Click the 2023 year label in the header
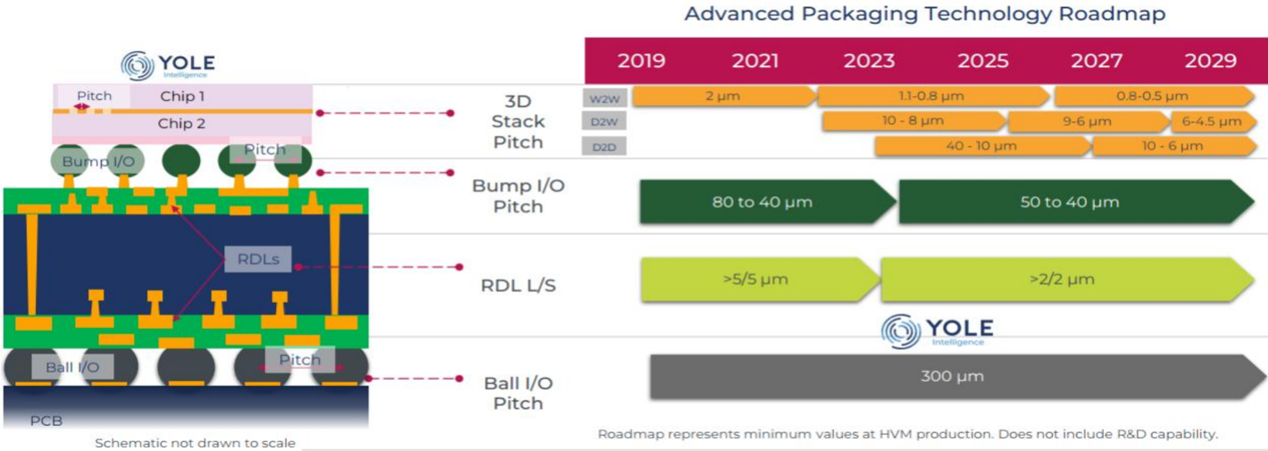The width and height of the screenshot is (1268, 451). [x=869, y=61]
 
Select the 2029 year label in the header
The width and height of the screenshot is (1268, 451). [x=1210, y=61]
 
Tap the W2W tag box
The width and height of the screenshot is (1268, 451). [x=605, y=98]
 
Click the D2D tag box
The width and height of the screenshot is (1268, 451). [x=604, y=146]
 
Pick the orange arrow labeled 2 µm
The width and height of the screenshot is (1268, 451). [x=724, y=96]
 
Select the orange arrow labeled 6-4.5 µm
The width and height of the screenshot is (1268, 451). [x=1213, y=121]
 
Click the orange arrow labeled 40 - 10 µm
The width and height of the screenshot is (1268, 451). [x=982, y=146]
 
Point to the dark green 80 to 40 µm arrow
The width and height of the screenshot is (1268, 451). [x=768, y=202]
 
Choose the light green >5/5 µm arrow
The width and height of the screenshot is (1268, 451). [x=760, y=279]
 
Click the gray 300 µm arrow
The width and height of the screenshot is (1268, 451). [x=957, y=376]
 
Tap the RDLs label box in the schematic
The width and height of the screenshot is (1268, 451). [x=258, y=259]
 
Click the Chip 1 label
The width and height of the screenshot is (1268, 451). [x=181, y=96]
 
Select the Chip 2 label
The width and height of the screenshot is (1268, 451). [x=181, y=123]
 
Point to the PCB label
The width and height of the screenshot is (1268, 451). [x=46, y=421]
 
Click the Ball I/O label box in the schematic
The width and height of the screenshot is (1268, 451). [x=72, y=367]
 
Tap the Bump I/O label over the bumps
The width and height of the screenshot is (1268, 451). [x=98, y=162]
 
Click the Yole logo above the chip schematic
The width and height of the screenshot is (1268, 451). [x=168, y=65]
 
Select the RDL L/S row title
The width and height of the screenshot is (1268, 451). [x=518, y=285]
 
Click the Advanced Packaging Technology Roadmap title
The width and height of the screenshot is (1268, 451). [x=925, y=13]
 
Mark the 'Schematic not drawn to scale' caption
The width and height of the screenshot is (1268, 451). [x=196, y=442]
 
